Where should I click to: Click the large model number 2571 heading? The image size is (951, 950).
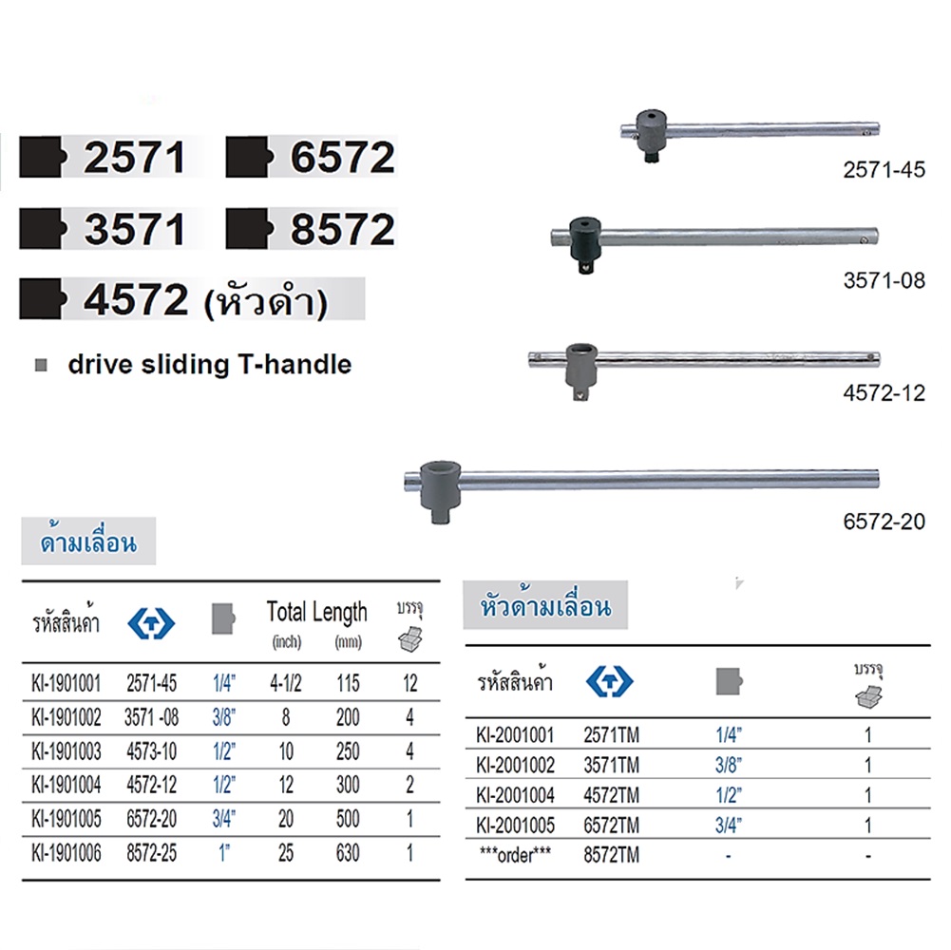134,158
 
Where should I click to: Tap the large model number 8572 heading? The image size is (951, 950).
343,229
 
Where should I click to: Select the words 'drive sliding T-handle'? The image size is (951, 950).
210,365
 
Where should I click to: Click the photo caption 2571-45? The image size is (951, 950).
884,170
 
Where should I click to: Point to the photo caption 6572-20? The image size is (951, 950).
884,522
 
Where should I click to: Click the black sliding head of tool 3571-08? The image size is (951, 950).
586,245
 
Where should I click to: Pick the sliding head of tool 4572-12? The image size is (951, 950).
581,371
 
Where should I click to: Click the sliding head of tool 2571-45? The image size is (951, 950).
652,135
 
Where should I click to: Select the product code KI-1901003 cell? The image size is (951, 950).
67,751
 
